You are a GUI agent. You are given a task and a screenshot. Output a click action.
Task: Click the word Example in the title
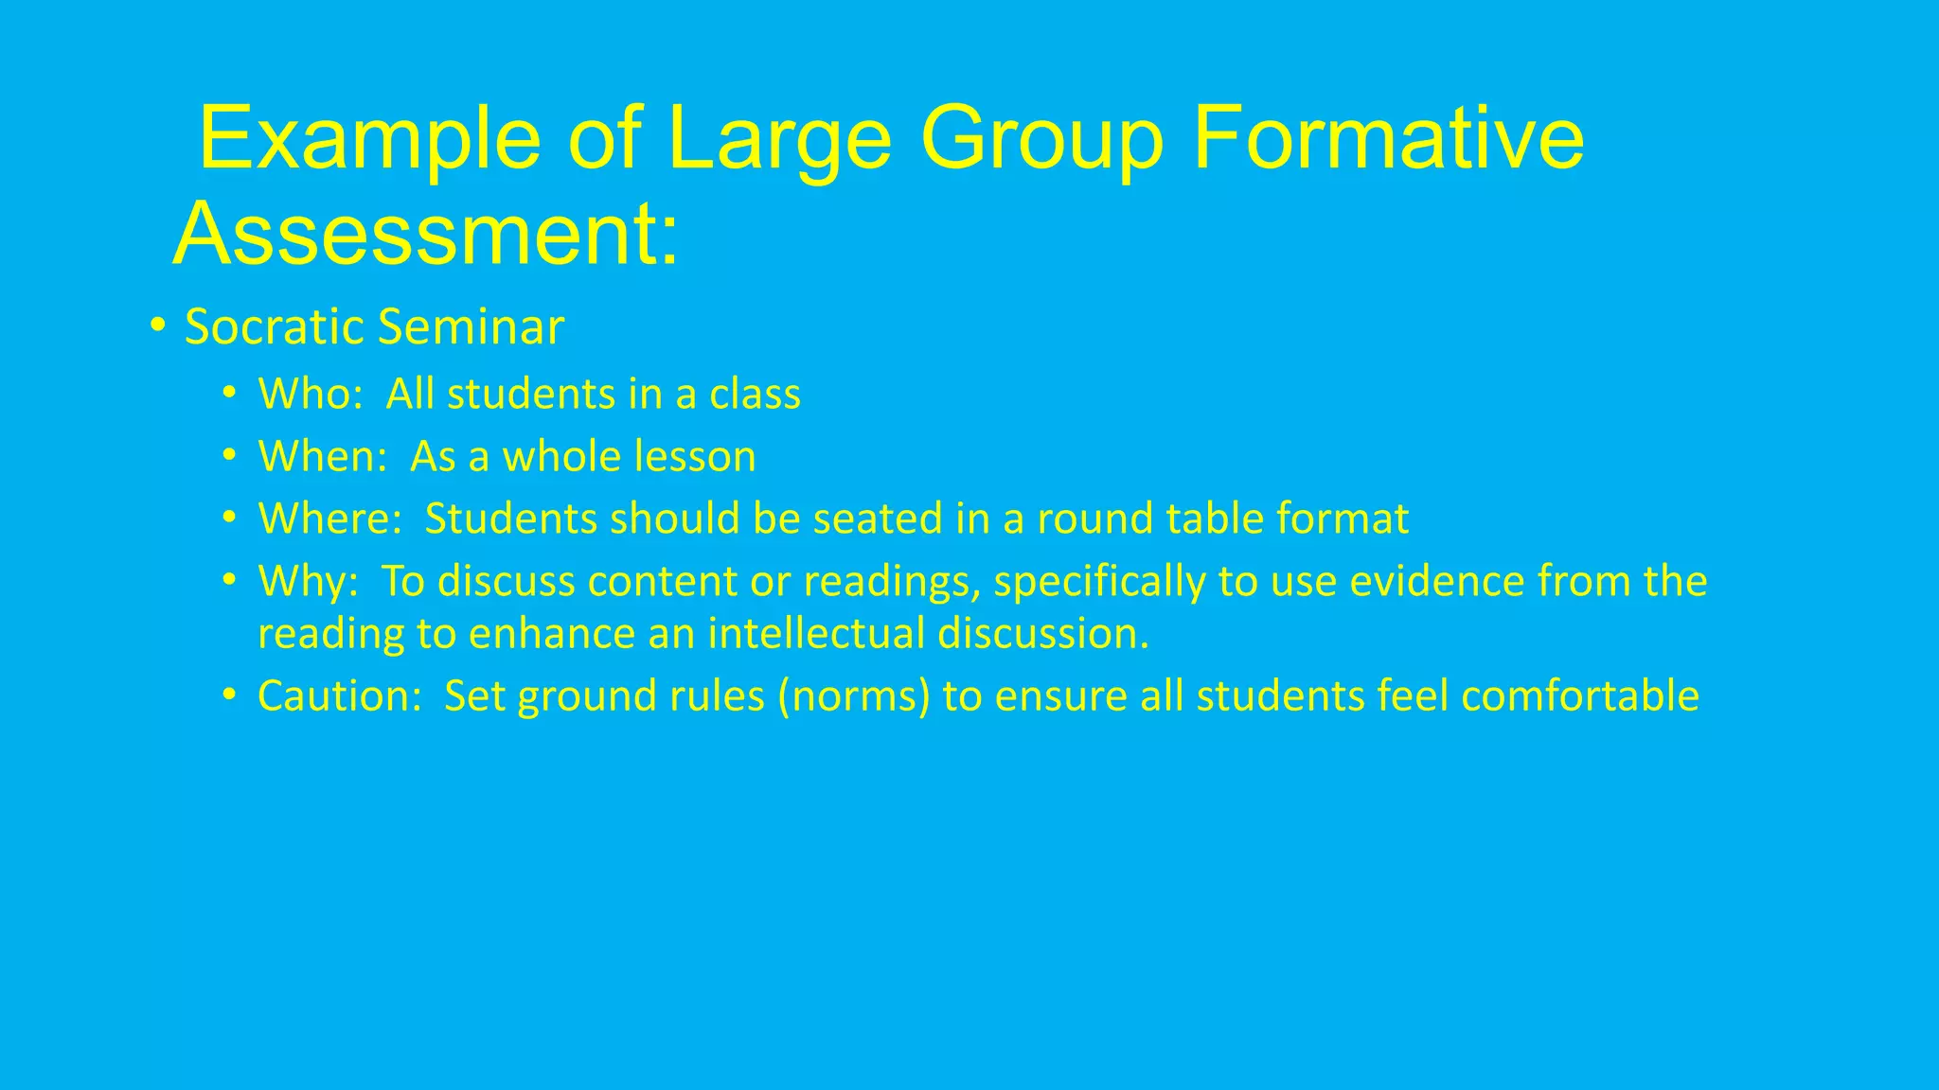(x=369, y=140)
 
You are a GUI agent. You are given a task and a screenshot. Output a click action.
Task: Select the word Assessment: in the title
(x=426, y=234)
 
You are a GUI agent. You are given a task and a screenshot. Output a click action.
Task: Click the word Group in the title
(x=1041, y=140)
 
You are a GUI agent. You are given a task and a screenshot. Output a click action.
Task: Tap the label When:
(x=323, y=456)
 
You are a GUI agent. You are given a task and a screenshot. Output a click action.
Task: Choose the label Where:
(x=330, y=519)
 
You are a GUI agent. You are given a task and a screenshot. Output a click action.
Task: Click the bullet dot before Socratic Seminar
(x=158, y=326)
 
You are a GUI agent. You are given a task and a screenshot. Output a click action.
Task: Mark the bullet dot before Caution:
(x=229, y=695)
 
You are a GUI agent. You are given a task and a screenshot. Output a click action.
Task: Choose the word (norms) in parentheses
(x=854, y=696)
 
